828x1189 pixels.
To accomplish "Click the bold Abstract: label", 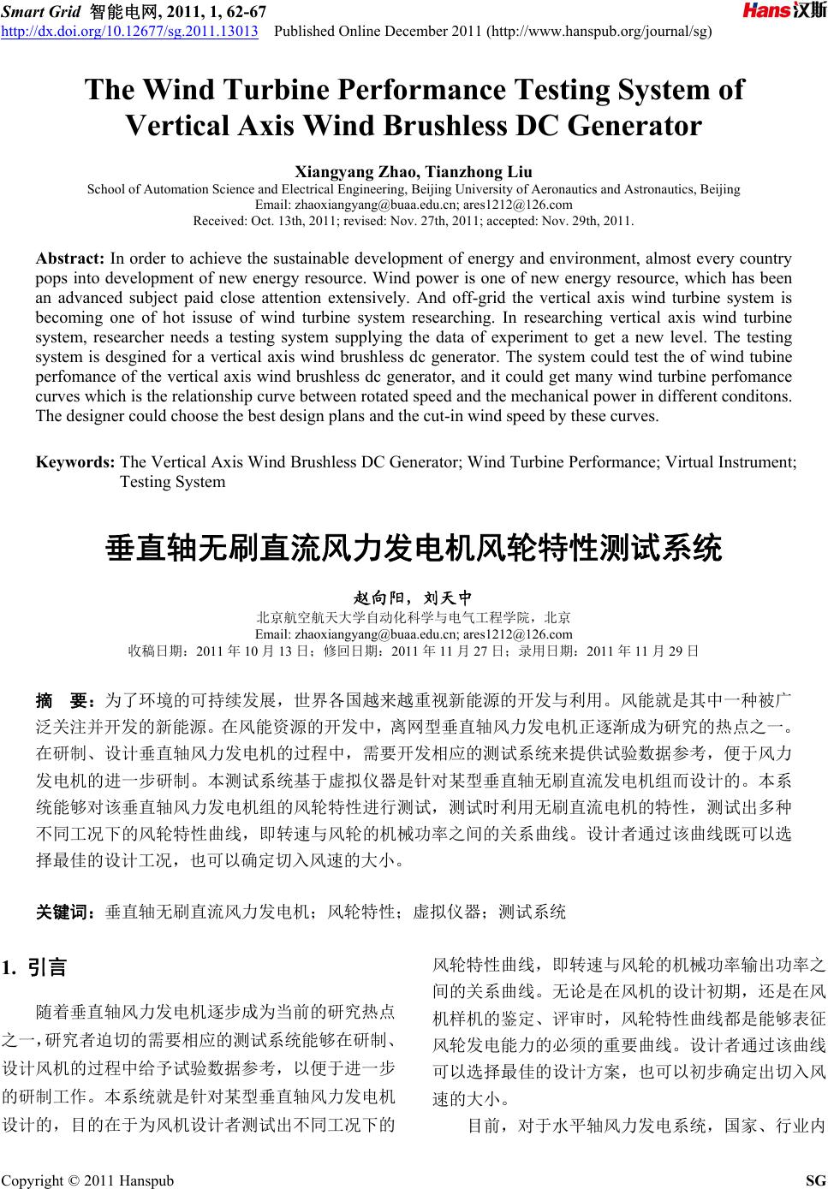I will (70, 258).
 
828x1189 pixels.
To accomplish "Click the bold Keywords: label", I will (75, 462).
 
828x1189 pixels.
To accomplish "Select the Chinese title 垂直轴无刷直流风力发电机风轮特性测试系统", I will (414, 547).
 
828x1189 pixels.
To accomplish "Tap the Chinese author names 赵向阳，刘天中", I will (414, 597).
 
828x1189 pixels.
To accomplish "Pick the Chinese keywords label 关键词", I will (64, 913).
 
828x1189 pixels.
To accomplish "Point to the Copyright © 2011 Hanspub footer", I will (88, 1181).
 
